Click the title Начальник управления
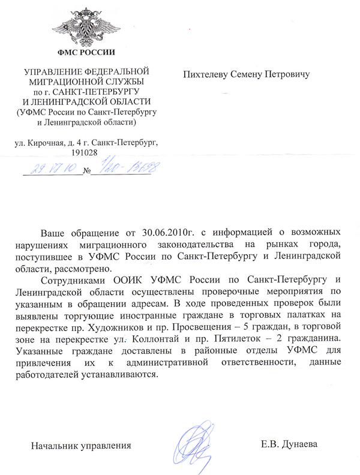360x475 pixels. (x=82, y=446)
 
